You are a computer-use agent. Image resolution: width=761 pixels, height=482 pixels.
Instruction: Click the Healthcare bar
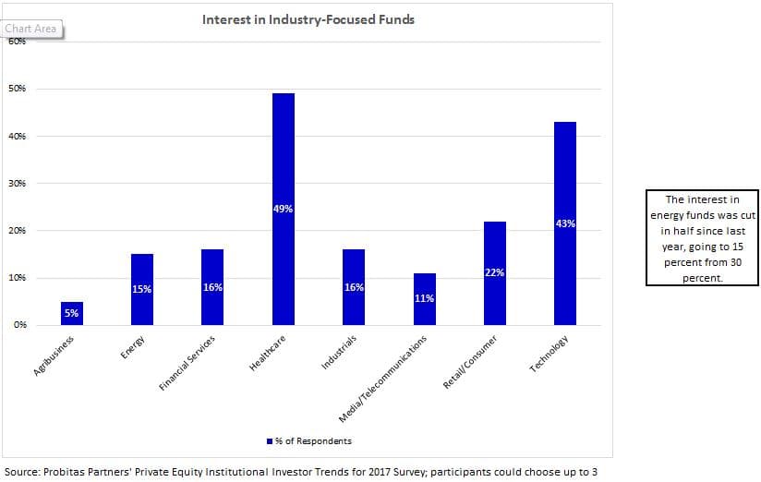pyautogui.click(x=283, y=210)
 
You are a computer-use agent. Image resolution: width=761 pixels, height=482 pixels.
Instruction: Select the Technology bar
pyautogui.click(x=565, y=223)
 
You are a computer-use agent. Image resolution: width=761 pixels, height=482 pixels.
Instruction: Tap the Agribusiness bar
pyautogui.click(x=72, y=314)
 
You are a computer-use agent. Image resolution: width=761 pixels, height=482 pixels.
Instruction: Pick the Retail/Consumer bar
pyautogui.click(x=494, y=273)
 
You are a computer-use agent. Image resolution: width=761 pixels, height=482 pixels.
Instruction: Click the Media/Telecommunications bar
pyautogui.click(x=425, y=299)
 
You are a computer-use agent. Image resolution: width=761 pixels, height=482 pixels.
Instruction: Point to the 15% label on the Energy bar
pyautogui.click(x=141, y=289)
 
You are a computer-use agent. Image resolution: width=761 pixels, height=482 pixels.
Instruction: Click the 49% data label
pyautogui.click(x=283, y=210)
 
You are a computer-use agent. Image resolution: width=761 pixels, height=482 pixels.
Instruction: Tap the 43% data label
pyautogui.click(x=565, y=223)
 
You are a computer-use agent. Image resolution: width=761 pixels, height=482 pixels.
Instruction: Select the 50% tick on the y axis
pyautogui.click(x=17, y=89)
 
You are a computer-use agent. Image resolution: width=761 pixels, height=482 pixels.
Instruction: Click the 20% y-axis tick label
pyautogui.click(x=17, y=230)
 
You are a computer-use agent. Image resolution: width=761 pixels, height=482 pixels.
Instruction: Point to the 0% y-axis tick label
pyautogui.click(x=20, y=325)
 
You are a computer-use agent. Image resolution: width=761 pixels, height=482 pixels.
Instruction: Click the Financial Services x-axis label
pyautogui.click(x=187, y=363)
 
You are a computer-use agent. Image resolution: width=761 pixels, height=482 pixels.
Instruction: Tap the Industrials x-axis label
pyautogui.click(x=339, y=352)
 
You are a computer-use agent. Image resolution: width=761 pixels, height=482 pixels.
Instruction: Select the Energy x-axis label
pyautogui.click(x=132, y=347)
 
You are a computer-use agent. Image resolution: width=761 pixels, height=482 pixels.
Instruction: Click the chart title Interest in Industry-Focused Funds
pyautogui.click(x=308, y=20)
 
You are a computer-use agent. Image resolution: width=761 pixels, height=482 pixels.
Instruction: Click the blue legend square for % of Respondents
pyautogui.click(x=270, y=441)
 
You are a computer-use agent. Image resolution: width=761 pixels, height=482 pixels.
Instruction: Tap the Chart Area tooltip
pyautogui.click(x=31, y=30)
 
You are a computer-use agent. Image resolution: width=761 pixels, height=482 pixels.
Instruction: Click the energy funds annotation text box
pyautogui.click(x=702, y=238)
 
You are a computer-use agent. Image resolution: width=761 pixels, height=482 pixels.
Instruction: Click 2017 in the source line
pyautogui.click(x=379, y=472)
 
